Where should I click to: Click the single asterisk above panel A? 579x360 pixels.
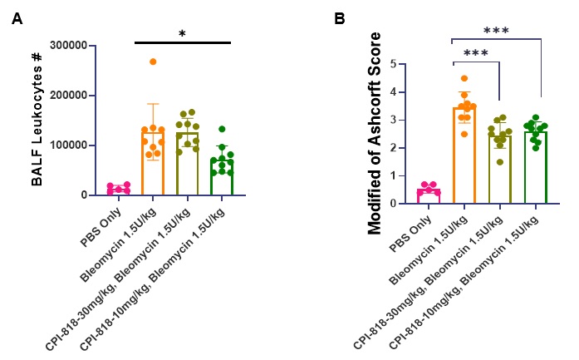(182, 34)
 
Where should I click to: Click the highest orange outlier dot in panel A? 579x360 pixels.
(153, 62)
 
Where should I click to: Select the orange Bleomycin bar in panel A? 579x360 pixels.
(153, 162)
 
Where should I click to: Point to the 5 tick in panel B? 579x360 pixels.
(404, 64)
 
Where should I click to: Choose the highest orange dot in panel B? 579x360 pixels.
(464, 78)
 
